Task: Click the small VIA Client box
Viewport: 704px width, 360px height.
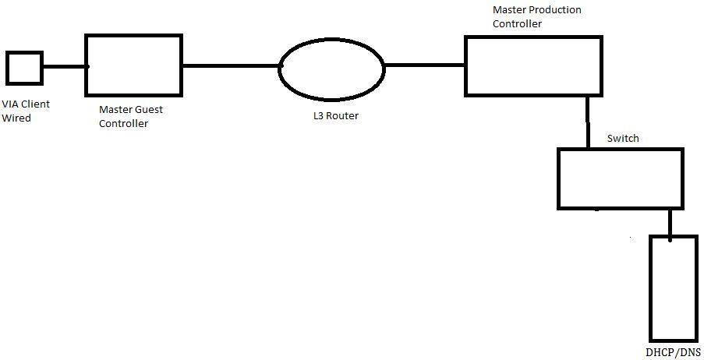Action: (x=24, y=67)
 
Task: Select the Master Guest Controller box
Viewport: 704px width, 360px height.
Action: (x=133, y=65)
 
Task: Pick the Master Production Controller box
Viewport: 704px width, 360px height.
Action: (x=533, y=65)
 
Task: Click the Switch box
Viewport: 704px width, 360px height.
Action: (x=620, y=178)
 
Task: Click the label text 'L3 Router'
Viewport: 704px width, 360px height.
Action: (x=332, y=117)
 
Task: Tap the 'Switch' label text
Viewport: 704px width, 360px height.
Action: (x=623, y=138)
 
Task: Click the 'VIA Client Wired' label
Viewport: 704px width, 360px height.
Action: (x=22, y=111)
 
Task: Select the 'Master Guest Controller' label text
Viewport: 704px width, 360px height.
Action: (x=131, y=117)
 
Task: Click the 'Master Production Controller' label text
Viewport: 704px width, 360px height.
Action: (x=536, y=16)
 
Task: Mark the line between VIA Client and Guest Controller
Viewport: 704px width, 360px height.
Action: (x=64, y=67)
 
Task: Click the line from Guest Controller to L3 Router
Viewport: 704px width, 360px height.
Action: (x=230, y=66)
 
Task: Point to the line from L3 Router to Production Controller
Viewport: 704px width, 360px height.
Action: (x=425, y=65)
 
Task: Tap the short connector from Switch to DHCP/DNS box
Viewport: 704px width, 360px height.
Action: (x=669, y=222)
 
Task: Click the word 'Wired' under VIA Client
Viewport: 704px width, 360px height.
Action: (x=17, y=118)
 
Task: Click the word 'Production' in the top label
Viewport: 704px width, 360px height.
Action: (x=554, y=9)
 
